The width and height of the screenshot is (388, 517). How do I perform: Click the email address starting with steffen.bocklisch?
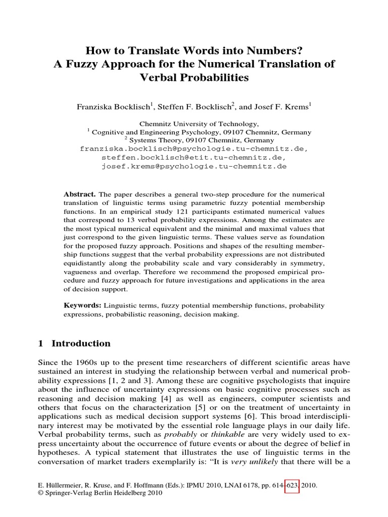[x=194, y=158]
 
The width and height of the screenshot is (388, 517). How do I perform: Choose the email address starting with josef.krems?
[x=194, y=166]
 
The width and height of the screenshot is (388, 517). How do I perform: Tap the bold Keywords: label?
[x=82, y=305]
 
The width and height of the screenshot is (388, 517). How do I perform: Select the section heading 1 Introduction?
[x=74, y=343]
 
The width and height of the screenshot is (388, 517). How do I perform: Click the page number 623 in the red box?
[x=292, y=485]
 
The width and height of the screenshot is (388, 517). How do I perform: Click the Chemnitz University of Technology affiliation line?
[x=194, y=124]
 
